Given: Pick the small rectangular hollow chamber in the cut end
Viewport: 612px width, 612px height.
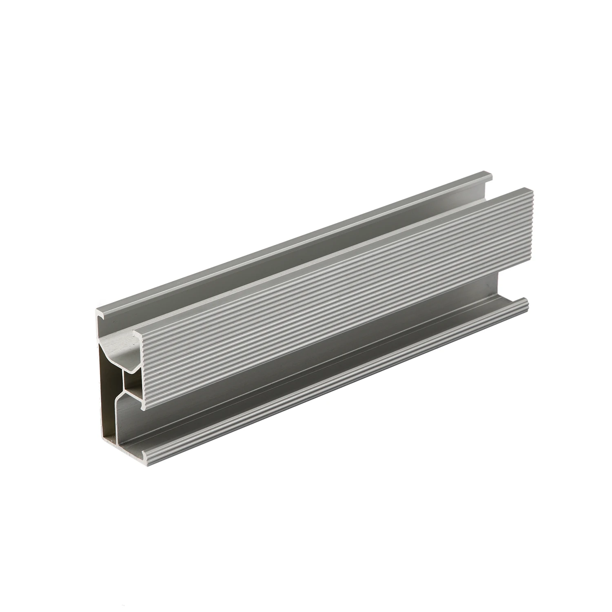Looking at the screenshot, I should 131,386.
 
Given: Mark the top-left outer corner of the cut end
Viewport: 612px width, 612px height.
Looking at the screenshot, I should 97,311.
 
